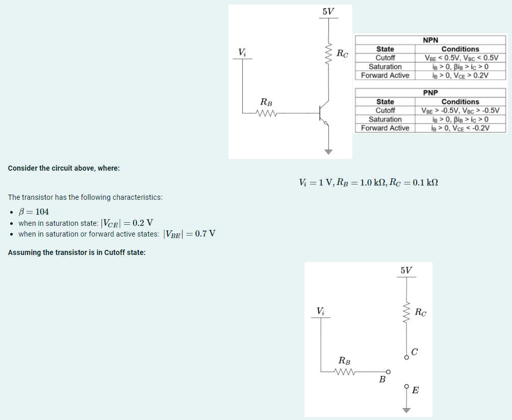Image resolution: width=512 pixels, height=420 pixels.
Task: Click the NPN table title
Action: point(430,40)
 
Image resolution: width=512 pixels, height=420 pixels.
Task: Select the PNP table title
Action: point(430,93)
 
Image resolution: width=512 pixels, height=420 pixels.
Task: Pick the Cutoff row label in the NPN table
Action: point(385,58)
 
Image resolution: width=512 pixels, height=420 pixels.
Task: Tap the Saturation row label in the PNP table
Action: point(385,119)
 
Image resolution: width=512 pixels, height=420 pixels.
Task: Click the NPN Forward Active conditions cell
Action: point(460,75)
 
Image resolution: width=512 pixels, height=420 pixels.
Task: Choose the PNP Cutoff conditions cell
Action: point(460,110)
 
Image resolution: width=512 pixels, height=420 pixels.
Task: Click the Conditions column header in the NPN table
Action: point(460,49)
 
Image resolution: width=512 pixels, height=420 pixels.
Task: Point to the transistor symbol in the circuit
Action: point(323,113)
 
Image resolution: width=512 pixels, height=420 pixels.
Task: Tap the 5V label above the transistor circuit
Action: point(328,11)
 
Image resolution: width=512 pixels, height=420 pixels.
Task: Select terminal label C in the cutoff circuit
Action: point(415,352)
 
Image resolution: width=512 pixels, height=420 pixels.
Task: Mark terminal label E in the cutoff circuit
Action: point(415,391)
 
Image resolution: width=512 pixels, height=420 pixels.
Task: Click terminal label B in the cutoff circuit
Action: point(381,380)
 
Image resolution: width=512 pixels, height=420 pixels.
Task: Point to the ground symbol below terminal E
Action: point(406,409)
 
